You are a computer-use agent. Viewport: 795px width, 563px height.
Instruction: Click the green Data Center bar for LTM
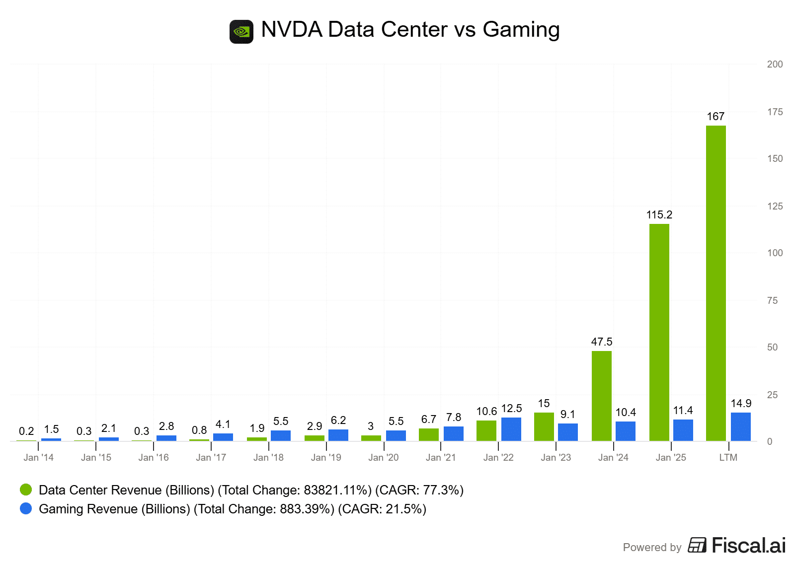(715, 283)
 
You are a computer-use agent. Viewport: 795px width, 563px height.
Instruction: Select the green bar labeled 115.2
(659, 332)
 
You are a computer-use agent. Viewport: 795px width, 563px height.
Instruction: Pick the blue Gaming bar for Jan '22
(511, 429)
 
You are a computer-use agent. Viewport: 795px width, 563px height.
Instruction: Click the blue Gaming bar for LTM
(740, 426)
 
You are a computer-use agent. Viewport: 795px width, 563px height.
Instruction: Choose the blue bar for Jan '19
(338, 435)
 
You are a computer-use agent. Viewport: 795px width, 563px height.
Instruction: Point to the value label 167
(715, 116)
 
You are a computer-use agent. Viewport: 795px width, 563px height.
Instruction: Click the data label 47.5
(601, 342)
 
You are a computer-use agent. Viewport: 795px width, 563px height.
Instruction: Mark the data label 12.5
(511, 408)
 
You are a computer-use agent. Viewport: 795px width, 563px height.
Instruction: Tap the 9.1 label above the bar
(567, 414)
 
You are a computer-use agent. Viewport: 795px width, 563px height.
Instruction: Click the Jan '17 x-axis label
(211, 457)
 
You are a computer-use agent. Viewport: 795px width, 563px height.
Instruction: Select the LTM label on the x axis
(728, 457)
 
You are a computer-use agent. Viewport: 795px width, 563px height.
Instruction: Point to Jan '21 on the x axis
(441, 457)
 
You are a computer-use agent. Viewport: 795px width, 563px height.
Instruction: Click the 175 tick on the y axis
(775, 112)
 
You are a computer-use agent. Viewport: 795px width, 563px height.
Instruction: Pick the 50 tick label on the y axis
(772, 347)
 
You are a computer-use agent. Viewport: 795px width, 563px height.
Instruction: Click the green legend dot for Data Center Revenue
(26, 490)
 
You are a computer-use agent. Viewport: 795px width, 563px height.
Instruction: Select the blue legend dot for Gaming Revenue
(26, 508)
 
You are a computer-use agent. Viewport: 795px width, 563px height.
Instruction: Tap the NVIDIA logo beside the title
(241, 32)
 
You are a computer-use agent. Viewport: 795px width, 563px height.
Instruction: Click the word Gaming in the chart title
(521, 29)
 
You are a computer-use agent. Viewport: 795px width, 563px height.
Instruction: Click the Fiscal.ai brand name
(748, 545)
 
